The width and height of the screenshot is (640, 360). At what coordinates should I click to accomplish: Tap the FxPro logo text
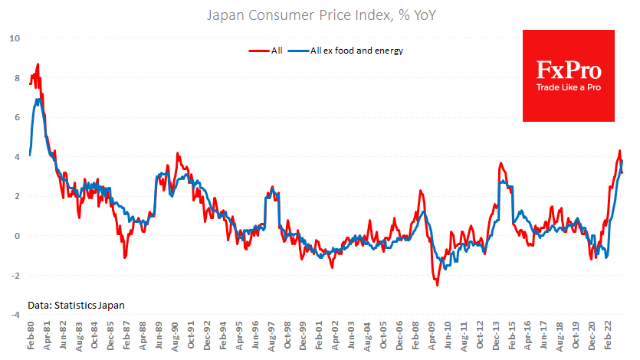(x=568, y=71)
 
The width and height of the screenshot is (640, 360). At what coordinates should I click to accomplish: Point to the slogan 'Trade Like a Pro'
(x=568, y=88)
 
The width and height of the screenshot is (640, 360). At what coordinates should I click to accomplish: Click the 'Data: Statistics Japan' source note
(x=76, y=305)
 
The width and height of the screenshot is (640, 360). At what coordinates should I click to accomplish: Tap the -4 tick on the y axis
(x=15, y=315)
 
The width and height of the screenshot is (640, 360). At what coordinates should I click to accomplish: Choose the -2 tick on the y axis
(x=15, y=276)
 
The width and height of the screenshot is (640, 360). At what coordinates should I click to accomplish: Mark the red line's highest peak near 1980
(x=38, y=64)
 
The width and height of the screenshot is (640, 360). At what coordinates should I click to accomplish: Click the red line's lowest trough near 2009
(x=438, y=285)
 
